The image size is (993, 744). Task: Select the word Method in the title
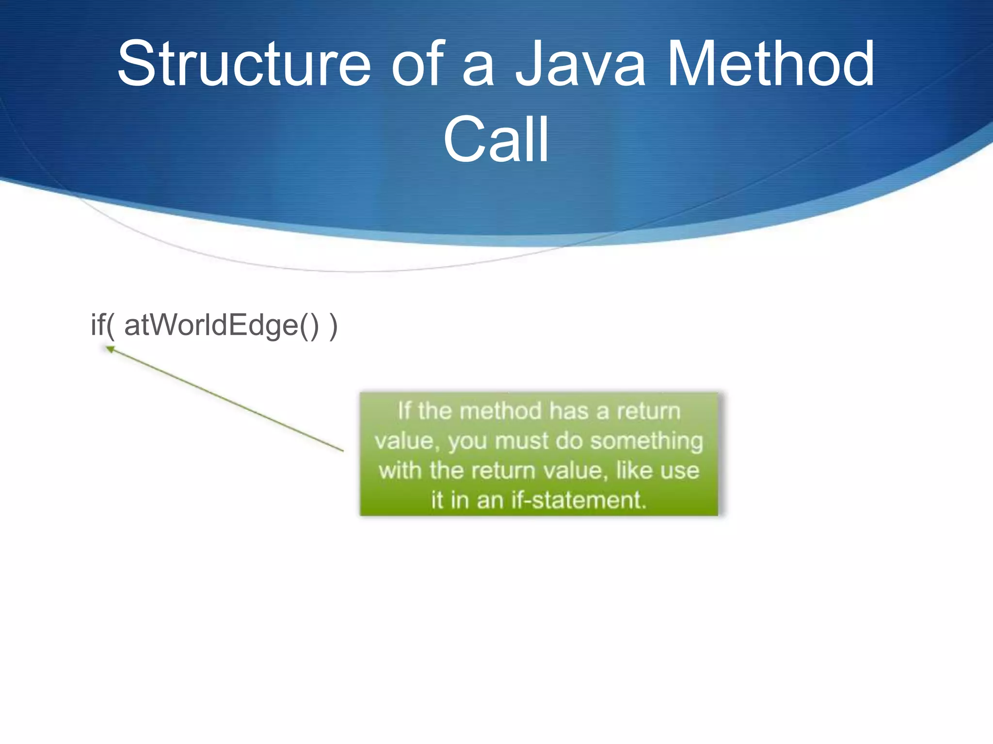pos(771,64)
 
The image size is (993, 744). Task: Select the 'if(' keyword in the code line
pos(103,325)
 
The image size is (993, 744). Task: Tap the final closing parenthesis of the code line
pos(333,326)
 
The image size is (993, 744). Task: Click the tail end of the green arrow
pos(342,450)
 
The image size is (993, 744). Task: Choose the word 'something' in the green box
pos(647,441)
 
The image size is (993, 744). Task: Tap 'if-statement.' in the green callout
pos(579,500)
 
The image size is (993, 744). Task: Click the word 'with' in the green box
pos(400,470)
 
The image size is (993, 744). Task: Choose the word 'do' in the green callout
pos(570,441)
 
